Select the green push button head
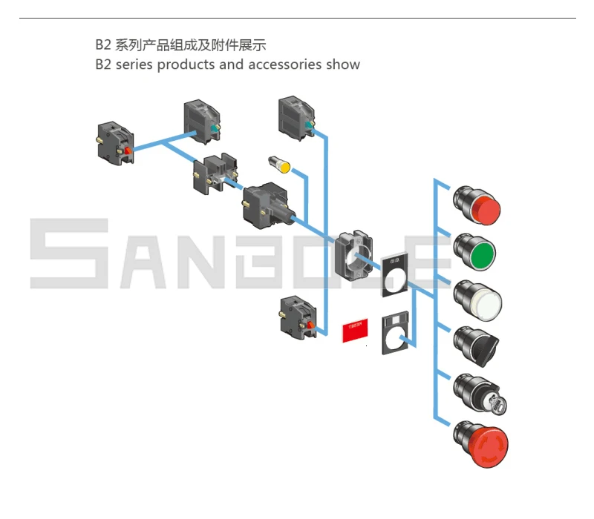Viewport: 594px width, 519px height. [478, 253]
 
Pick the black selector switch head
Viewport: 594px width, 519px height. [478, 346]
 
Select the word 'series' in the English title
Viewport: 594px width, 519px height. [134, 65]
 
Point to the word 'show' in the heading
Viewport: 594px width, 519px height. [343, 65]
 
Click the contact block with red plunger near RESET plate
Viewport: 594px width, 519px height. [299, 315]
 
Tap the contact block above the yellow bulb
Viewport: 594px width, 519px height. [295, 116]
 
